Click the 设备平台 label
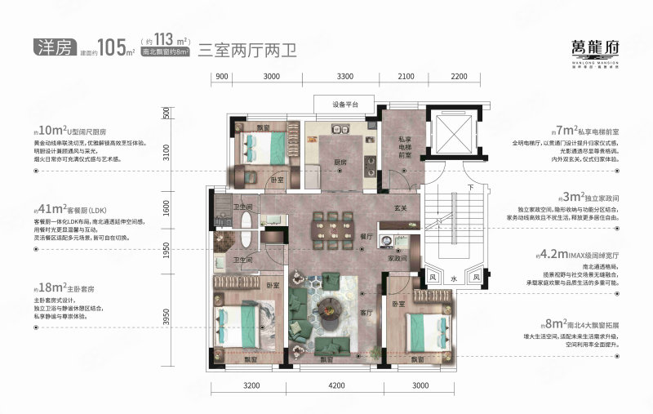pos(342,105)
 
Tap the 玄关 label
pos(399,207)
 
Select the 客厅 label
pos(366,312)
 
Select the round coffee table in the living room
pos(333,309)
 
